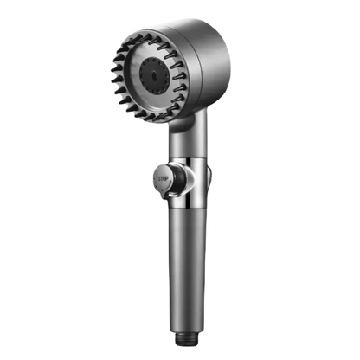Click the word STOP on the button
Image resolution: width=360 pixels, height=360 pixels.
163,179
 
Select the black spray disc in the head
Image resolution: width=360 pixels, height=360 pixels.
154,74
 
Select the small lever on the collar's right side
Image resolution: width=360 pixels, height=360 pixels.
209,177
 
